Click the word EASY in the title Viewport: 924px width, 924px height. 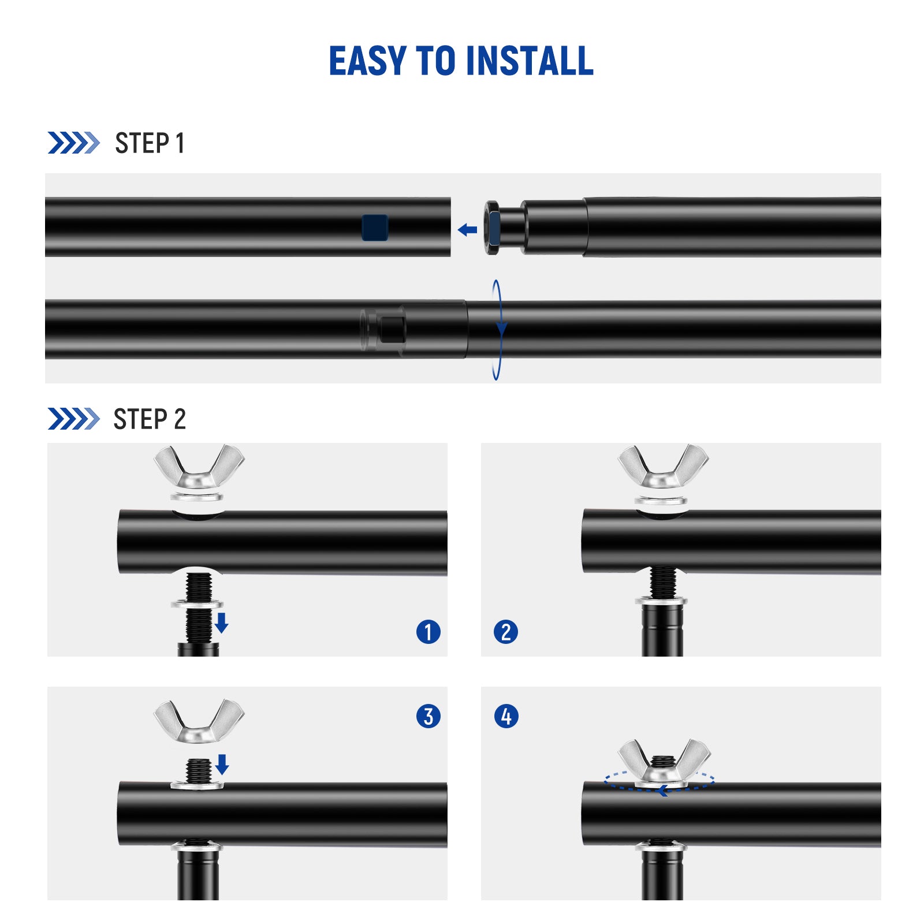[367, 61]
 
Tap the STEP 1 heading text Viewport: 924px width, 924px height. [150, 143]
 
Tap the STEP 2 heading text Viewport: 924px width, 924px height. [150, 419]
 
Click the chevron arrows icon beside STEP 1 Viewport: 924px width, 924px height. [73, 143]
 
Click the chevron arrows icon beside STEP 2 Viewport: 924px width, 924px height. [73, 419]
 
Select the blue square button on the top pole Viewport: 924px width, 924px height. [375, 227]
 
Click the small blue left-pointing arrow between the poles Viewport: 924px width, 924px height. [467, 230]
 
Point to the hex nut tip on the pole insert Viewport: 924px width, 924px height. [493, 228]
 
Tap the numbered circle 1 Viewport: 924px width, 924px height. [428, 632]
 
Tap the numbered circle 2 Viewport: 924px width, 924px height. [506, 632]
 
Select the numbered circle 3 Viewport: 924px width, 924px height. [428, 717]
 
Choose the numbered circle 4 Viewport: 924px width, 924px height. [506, 717]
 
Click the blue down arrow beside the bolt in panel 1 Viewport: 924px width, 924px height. [222, 623]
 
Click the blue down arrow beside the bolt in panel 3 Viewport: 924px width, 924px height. [222, 764]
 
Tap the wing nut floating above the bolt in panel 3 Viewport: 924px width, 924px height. [199, 722]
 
